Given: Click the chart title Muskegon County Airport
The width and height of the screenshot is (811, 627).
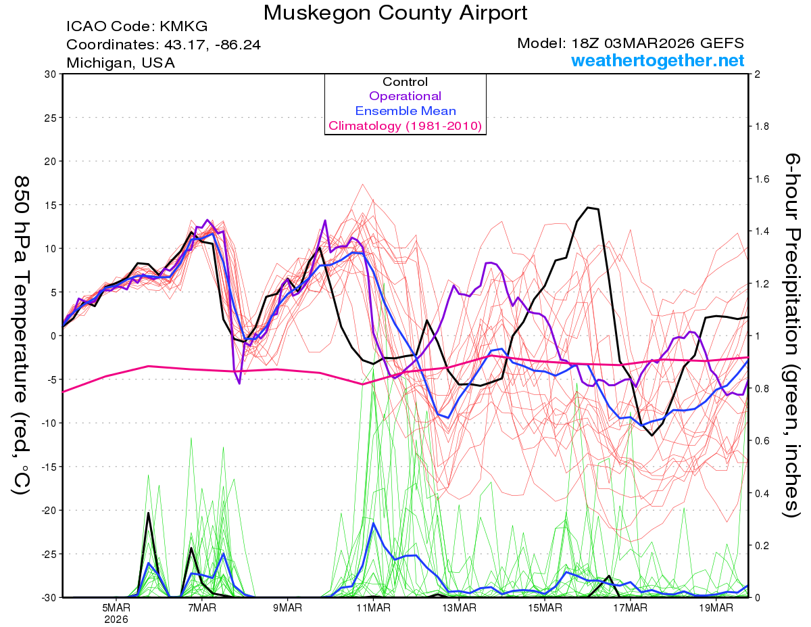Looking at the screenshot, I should [395, 13].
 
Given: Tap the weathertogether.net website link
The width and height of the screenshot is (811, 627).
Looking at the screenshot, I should [658, 60].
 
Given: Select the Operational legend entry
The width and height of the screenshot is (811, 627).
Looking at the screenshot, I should [405, 96].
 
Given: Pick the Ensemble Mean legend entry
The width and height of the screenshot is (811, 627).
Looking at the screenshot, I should [405, 111].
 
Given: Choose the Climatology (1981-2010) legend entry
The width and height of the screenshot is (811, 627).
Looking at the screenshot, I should [405, 126].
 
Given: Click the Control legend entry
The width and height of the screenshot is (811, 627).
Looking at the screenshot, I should [405, 82].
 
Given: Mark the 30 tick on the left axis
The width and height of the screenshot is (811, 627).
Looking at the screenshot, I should [49, 74].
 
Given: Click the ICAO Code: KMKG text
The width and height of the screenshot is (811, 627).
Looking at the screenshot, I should [137, 27].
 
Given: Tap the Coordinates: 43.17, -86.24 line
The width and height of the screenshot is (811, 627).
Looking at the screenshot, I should [164, 45].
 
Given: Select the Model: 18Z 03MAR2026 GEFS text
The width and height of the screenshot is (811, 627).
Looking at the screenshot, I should [631, 43].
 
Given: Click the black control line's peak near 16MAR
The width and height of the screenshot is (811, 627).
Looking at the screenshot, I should [589, 208].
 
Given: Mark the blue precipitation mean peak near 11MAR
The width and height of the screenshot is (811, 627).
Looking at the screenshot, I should [374, 523].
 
